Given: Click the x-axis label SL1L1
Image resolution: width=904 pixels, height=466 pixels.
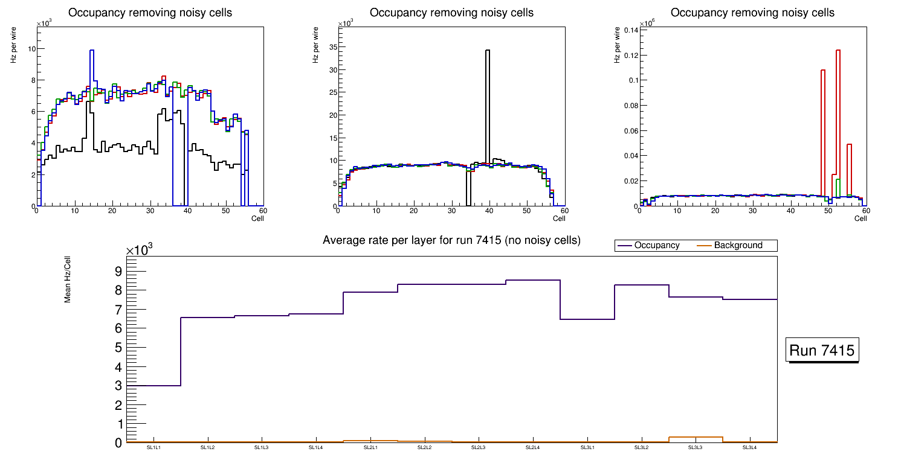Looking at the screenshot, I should tap(153, 447).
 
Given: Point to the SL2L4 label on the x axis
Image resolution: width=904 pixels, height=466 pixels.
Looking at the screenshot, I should tap(532, 447).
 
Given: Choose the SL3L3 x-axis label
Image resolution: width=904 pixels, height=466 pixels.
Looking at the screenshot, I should tap(695, 447).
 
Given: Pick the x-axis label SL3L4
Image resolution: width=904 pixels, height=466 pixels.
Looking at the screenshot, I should tap(749, 447).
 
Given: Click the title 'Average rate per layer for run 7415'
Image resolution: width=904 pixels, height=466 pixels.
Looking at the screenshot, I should tap(451, 240).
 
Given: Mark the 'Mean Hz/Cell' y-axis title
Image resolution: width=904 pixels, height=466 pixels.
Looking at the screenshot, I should tap(68, 279).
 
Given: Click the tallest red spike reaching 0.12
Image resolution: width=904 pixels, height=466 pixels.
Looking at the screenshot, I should tap(838, 51).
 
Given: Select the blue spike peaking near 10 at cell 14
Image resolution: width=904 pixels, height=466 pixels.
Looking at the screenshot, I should tap(92, 51).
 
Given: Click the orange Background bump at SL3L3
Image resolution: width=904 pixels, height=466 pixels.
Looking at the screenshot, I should tap(695, 437).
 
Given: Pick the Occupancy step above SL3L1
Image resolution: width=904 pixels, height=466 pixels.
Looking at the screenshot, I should tap(587, 319).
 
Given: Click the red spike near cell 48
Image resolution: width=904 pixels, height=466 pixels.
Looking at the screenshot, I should tap(823, 71).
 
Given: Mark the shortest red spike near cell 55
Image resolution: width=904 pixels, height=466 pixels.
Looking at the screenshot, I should tap(849, 145).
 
